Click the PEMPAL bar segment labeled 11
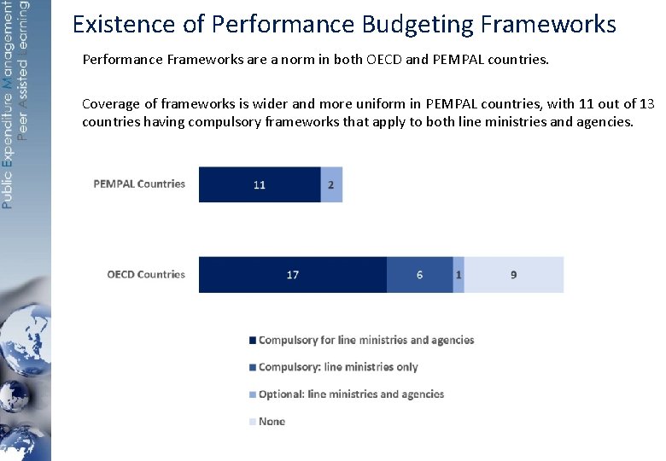point(260,184)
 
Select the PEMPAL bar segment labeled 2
point(331,184)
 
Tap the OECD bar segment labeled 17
point(292,275)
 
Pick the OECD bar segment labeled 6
point(419,275)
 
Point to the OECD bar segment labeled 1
point(459,275)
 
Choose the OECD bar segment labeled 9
point(513,275)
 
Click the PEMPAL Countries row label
point(139,184)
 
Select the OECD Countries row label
point(146,275)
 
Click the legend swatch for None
point(252,422)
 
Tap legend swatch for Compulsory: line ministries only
point(252,368)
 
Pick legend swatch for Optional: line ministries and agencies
point(252,394)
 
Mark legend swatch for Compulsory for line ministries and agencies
point(252,341)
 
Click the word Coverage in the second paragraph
point(109,104)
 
